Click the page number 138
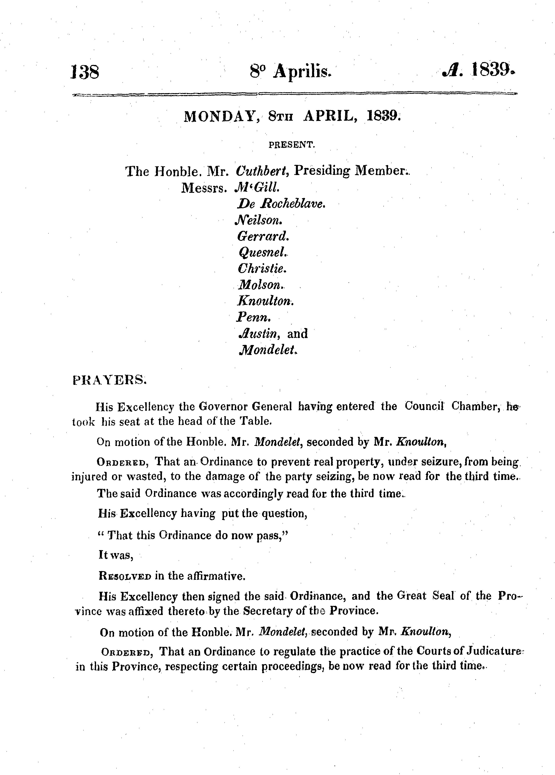tap(85, 72)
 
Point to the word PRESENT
tap(291, 145)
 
